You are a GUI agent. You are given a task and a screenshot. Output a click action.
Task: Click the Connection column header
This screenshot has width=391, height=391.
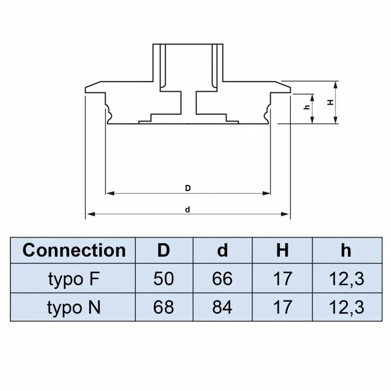click(74, 250)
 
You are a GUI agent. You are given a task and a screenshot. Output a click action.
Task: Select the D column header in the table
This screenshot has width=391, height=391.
click(163, 250)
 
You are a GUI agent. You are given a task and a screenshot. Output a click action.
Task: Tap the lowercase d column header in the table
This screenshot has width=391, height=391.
click(223, 250)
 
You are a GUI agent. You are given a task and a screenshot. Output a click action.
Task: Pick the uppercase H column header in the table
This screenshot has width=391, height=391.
click(282, 250)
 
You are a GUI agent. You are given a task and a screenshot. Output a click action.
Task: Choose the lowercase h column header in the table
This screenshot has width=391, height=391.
click(346, 250)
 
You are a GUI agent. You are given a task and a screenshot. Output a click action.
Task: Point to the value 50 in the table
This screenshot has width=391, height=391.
click(163, 279)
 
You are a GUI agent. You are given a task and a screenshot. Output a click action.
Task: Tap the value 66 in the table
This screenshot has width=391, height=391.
click(223, 279)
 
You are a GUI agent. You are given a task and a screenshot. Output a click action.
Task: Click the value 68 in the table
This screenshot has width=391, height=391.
click(163, 307)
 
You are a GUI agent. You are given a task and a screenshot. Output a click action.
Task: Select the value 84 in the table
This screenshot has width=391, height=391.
click(223, 307)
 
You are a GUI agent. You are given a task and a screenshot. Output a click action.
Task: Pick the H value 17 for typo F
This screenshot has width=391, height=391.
click(282, 279)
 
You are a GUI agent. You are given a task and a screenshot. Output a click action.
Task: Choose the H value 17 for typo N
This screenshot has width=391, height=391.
click(282, 307)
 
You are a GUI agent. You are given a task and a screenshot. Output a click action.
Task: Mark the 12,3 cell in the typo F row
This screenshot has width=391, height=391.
click(346, 279)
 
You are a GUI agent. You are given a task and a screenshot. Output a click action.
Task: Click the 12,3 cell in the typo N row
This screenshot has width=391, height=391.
click(346, 307)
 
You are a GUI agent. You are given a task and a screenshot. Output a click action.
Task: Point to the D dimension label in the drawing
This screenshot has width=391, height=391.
click(188, 188)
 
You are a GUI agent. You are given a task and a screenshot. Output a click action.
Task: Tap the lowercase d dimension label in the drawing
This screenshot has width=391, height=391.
click(188, 210)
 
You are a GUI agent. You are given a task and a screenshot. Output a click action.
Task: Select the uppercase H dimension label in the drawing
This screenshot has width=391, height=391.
click(330, 102)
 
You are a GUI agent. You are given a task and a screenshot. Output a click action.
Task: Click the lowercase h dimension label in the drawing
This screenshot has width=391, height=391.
click(307, 107)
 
